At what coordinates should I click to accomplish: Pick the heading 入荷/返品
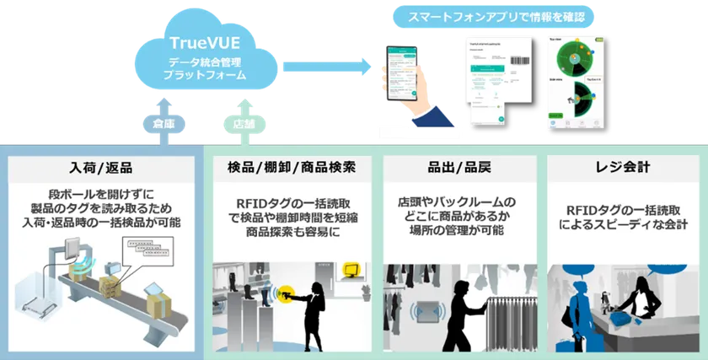click(x=101, y=166)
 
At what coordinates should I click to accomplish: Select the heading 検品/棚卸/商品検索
click(x=291, y=166)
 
